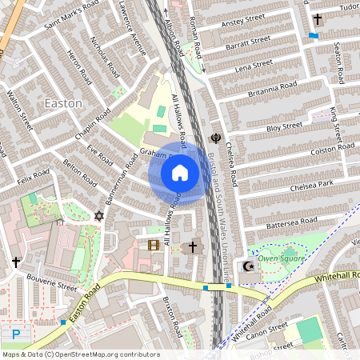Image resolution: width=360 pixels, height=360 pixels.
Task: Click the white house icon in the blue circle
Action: click(x=180, y=173)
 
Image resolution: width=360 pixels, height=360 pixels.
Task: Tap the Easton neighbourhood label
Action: click(x=63, y=103)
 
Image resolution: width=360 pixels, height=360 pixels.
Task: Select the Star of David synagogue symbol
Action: click(x=99, y=216)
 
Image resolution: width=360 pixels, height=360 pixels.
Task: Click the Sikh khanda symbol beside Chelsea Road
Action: click(x=215, y=138)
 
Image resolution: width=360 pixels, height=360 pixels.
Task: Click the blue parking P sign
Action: click(x=16, y=335)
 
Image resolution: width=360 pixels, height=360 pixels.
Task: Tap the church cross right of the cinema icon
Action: click(x=192, y=247)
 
